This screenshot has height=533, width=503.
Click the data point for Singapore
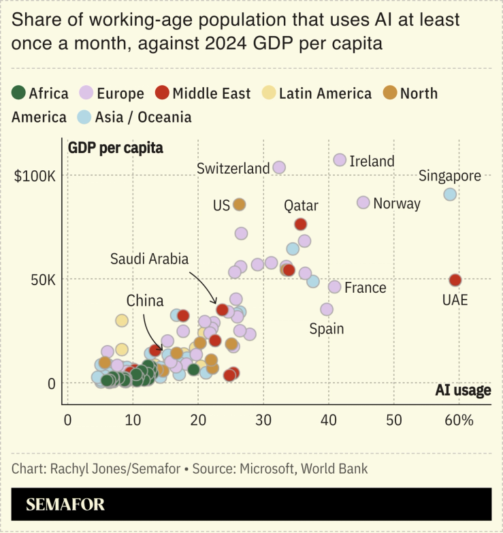pyautogui.click(x=450, y=195)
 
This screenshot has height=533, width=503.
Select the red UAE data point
pyautogui.click(x=455, y=280)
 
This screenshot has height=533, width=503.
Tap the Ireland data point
pyautogui.click(x=340, y=160)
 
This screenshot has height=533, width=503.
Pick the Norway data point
pyautogui.click(x=363, y=203)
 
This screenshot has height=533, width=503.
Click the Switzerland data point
pyautogui.click(x=279, y=167)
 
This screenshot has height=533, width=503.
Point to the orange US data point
pyautogui.click(x=239, y=204)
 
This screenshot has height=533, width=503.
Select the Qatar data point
pyautogui.click(x=301, y=224)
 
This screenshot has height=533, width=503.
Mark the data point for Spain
pyautogui.click(x=327, y=309)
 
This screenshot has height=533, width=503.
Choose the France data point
pyautogui.click(x=334, y=287)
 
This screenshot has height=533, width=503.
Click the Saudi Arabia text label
pyautogui.click(x=149, y=259)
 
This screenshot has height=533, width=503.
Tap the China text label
pyautogui.click(x=144, y=300)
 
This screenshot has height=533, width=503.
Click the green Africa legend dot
pyautogui.click(x=19, y=93)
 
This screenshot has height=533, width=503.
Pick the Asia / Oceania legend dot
pyautogui.click(x=84, y=116)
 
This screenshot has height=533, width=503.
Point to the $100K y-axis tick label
pyautogui.click(x=35, y=176)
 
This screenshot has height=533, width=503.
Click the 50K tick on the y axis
pyautogui.click(x=40, y=280)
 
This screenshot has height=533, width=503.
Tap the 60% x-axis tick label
pyautogui.click(x=458, y=419)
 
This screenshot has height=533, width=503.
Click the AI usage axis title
pyautogui.click(x=463, y=390)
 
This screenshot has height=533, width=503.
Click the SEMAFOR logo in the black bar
pyautogui.click(x=65, y=505)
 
